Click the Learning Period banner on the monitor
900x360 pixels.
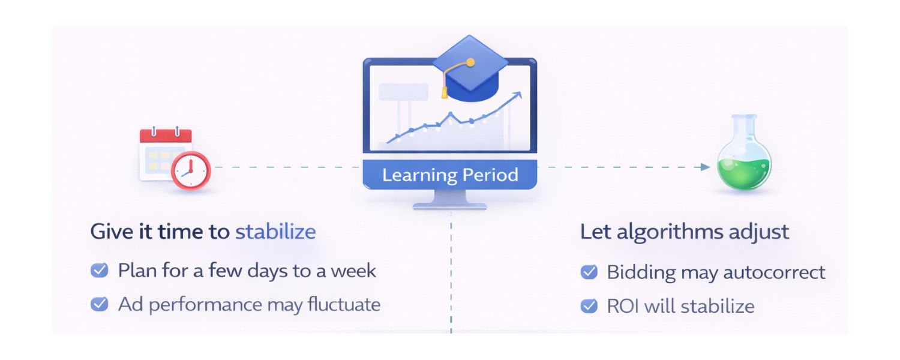[x=450, y=175]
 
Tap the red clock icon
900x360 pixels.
[x=191, y=170]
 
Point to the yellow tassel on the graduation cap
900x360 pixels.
[x=444, y=92]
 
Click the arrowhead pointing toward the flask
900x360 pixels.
[x=706, y=167]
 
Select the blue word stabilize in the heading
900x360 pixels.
[x=275, y=232]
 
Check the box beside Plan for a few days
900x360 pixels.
[x=99, y=271]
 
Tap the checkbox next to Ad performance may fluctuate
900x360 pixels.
[x=99, y=304]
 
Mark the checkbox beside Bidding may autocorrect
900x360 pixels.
[x=589, y=272]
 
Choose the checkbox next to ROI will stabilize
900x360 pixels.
[x=589, y=306]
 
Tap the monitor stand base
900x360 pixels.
[x=450, y=205]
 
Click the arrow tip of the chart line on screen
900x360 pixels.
[x=519, y=94]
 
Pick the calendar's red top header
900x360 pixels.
[x=166, y=136]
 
